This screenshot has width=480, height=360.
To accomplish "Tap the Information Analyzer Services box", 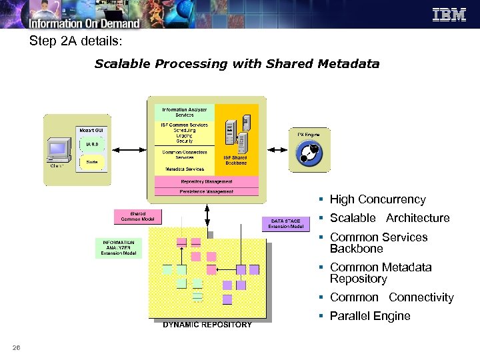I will pos(185,112).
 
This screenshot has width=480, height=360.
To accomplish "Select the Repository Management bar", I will pos(207,181).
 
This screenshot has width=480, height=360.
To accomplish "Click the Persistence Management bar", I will pos(207,191).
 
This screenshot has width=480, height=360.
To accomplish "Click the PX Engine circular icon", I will pos(309,155).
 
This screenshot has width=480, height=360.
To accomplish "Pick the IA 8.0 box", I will pos(91,144).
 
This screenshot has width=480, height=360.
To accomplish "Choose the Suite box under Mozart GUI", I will pos(91,162).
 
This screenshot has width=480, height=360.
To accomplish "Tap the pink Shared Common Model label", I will pos(137,217).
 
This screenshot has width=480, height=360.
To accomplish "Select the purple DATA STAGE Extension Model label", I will pos(286,223).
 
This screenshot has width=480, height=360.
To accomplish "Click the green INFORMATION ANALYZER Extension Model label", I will pos(118,248).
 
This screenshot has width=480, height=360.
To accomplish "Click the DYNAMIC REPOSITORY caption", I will pos(207,325).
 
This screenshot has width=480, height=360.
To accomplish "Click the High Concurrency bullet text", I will pos(377,199).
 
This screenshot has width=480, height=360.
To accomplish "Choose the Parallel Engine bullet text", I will pos(370,316).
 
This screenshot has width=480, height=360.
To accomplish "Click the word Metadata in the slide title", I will pos(349,64).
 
